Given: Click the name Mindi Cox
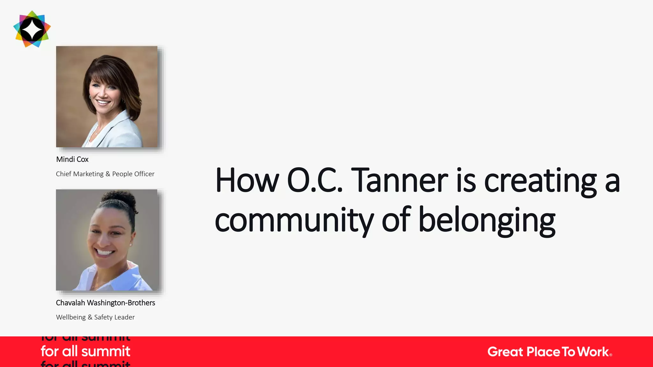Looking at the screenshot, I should coord(72,159).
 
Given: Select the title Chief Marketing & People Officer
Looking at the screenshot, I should coord(105,174).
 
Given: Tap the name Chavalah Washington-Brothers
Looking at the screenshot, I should coord(105,303).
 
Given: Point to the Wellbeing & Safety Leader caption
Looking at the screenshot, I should coord(95,317).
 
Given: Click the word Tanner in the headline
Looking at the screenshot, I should coord(401,181).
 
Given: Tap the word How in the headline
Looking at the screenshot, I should coord(247,181).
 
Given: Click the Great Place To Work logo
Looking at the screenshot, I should coord(549,352).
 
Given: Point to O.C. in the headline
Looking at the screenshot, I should coord(315,181).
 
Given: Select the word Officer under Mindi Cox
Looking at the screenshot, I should coord(144,174).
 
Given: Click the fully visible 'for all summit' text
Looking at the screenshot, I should coord(85,351).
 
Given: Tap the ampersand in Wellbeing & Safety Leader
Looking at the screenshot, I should coord(90,317).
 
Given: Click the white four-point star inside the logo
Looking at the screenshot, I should coord(32,29).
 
